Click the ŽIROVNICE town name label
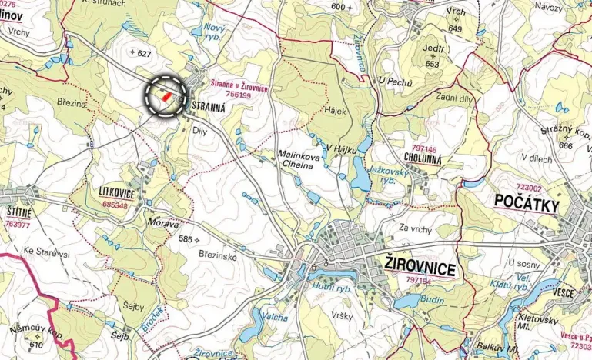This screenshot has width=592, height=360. click(420, 267)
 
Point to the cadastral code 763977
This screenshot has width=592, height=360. click(17, 225)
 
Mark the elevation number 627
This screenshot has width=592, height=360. click(144, 53)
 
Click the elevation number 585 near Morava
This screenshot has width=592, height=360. click(186, 239)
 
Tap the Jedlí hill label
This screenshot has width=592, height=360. click(433, 50)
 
